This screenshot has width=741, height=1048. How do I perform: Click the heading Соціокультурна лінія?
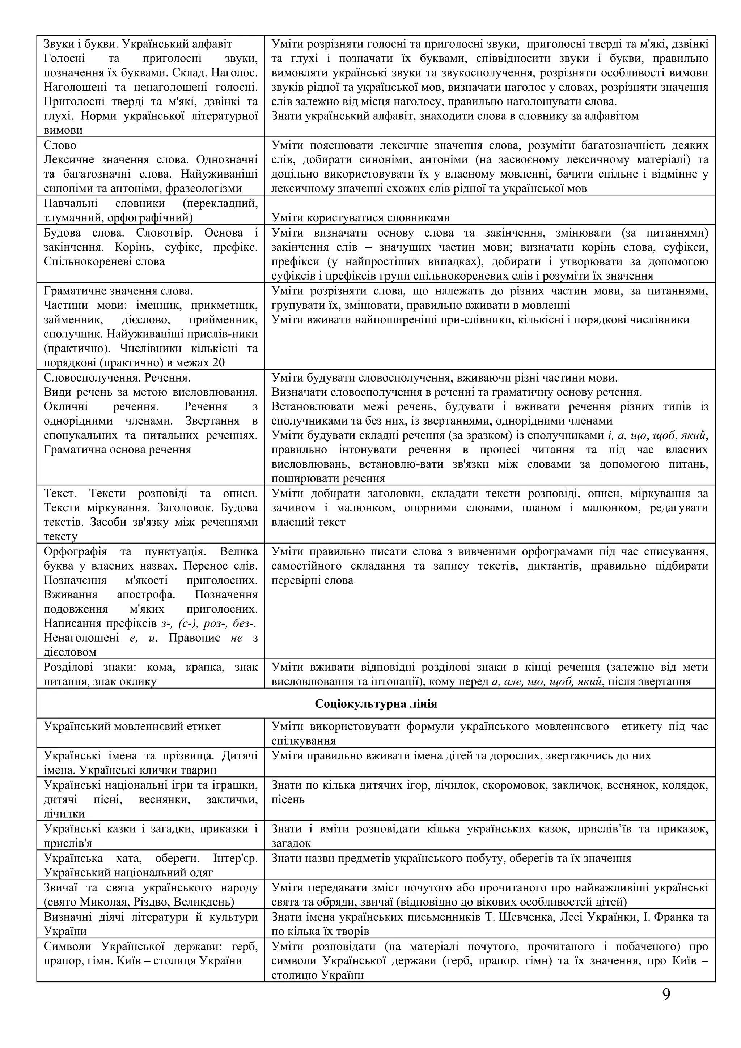click(x=376, y=704)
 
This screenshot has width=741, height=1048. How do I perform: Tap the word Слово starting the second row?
click(x=60, y=145)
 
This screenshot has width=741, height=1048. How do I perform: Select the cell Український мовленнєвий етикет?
click(x=132, y=726)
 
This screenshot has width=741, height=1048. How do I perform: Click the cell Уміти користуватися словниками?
click(x=361, y=218)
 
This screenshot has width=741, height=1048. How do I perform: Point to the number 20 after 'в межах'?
click(x=218, y=363)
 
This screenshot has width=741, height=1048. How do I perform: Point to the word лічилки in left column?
click(x=64, y=814)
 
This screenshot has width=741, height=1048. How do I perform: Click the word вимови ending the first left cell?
click(x=63, y=131)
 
